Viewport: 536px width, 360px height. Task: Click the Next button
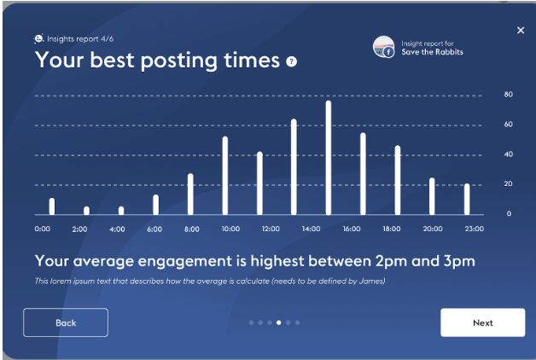(x=483, y=322)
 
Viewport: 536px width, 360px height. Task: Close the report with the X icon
(x=521, y=31)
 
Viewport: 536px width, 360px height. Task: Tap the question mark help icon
(x=291, y=61)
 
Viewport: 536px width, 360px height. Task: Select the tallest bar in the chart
(x=328, y=158)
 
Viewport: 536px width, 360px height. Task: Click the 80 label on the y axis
(x=509, y=95)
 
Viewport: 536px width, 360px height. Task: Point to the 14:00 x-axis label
(x=311, y=229)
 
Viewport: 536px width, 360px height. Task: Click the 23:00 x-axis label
(x=475, y=229)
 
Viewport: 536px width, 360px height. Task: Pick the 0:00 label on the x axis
(x=43, y=229)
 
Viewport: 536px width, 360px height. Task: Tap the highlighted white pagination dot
(x=279, y=322)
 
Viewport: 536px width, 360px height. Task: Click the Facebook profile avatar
(x=383, y=47)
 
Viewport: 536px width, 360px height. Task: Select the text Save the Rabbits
(x=432, y=52)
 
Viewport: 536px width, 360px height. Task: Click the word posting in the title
(x=179, y=61)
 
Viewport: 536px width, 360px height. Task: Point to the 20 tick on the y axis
(x=509, y=183)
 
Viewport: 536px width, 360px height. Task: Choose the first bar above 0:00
(x=52, y=206)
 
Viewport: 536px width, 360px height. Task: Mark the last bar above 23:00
(x=467, y=199)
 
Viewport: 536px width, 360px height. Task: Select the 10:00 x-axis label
(x=230, y=229)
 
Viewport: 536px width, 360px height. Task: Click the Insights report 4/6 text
(x=80, y=39)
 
